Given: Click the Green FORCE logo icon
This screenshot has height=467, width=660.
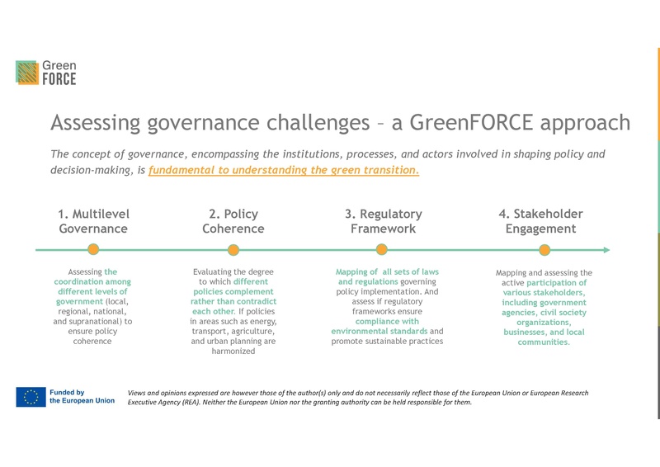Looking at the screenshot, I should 27,72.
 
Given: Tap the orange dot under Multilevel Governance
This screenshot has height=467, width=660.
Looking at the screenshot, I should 93,249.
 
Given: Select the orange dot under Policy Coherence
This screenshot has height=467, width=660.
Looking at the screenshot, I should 233,249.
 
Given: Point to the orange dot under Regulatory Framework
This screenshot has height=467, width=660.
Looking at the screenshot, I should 381,249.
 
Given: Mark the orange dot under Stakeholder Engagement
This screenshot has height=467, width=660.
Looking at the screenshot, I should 544,249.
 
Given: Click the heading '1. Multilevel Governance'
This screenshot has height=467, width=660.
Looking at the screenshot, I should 93,221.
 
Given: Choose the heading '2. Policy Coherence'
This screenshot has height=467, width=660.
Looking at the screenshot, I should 233,221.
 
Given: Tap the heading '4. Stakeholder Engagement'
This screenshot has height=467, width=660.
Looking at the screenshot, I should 540,221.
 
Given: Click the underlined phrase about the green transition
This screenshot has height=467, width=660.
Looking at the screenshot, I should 284,171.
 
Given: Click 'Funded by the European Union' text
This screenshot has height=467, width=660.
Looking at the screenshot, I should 82,397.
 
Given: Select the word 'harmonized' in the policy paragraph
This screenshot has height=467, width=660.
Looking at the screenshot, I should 233,351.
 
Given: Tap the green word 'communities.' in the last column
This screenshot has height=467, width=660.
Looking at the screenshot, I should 544,342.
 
